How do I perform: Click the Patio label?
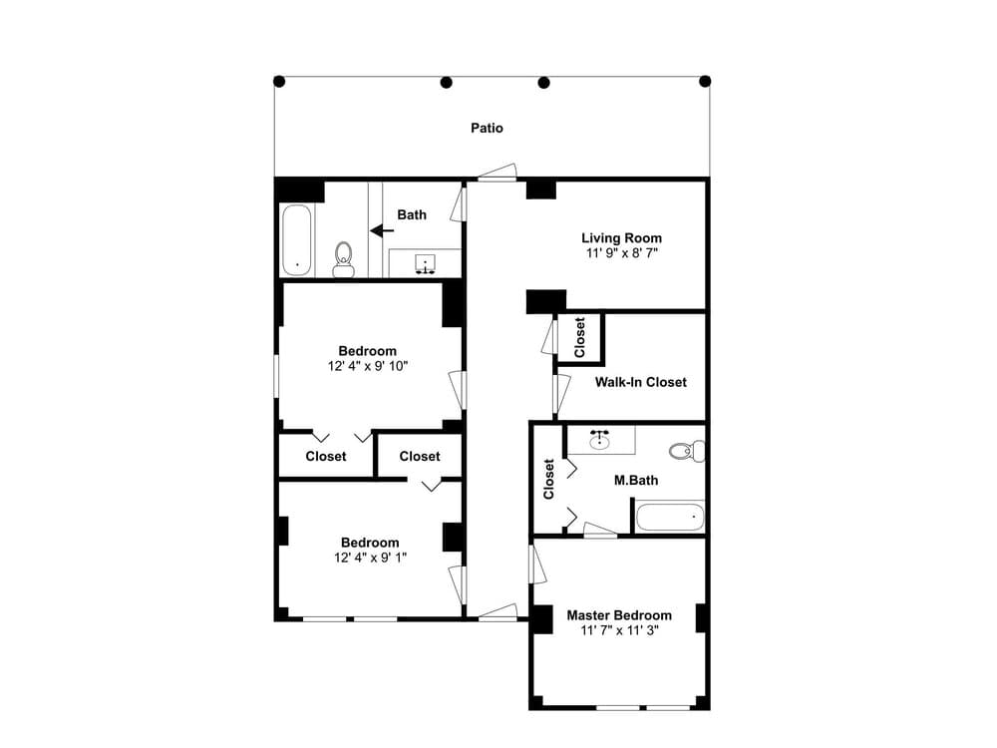487,128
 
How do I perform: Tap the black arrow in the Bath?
381,230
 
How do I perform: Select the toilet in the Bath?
343,258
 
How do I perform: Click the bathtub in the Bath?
297,239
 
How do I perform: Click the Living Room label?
621,238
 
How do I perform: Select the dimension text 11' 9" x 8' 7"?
621,253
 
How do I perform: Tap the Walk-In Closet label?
640,382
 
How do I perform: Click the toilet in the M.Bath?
687,451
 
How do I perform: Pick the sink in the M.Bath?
600,440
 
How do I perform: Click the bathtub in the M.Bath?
670,517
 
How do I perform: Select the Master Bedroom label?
619,615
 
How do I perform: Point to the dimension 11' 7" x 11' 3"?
619,630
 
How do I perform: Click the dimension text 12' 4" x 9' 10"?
367,366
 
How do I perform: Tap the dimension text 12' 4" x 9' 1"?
369,558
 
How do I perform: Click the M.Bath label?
635,481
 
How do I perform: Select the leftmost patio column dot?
279,81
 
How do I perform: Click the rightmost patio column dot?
705,81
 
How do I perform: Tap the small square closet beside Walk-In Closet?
579,337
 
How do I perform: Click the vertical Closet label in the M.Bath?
548,479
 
